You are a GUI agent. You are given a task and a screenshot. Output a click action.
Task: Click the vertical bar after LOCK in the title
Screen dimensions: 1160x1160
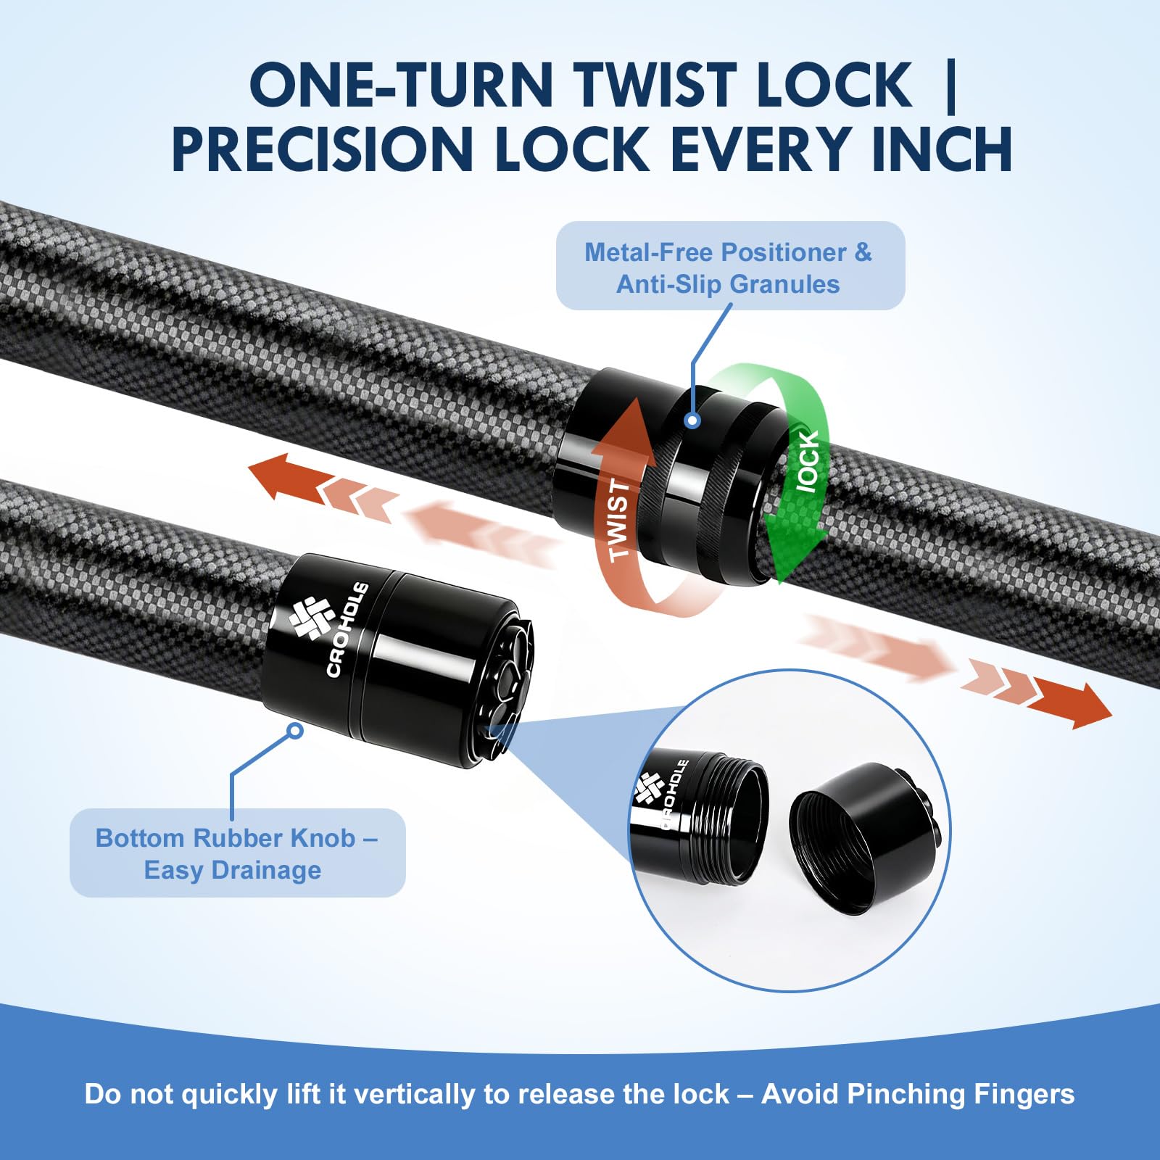pos(951,86)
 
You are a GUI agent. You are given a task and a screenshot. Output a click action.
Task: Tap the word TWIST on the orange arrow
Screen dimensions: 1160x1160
pos(618,519)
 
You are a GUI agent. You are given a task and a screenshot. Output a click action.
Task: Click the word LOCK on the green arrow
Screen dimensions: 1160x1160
pos(808,461)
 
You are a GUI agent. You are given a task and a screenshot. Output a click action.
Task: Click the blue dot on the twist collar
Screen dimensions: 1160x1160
pos(692,420)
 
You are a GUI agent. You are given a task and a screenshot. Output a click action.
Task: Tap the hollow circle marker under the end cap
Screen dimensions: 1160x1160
pos(294,731)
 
